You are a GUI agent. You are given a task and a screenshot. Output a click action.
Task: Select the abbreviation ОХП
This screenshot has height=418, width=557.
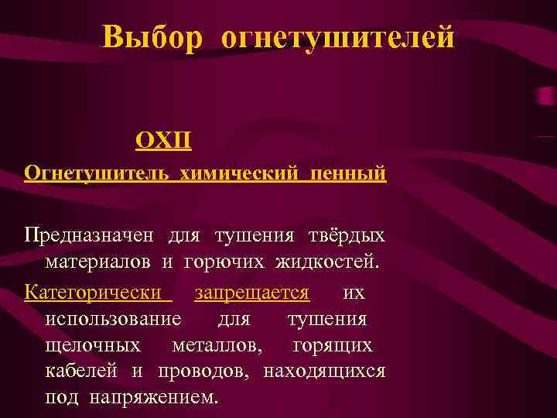pyautogui.click(x=164, y=140)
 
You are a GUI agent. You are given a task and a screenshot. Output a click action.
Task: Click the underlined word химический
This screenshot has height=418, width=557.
pyautogui.click(x=241, y=173)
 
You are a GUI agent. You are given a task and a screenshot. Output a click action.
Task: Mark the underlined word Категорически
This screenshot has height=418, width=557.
pyautogui.click(x=95, y=293)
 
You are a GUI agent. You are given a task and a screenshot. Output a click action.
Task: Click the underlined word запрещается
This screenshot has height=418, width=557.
pyautogui.click(x=252, y=293)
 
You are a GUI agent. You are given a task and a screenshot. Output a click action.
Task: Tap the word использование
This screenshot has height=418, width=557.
pyautogui.click(x=114, y=320)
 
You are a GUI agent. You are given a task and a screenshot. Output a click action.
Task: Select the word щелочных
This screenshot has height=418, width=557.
pyautogui.click(x=93, y=345)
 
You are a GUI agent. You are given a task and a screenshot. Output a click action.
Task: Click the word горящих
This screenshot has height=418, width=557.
pyautogui.click(x=332, y=345)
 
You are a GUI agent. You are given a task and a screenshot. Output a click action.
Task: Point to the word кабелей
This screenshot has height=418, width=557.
pyautogui.click(x=81, y=372)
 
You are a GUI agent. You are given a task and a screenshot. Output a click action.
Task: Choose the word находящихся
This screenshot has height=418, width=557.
pyautogui.click(x=324, y=372)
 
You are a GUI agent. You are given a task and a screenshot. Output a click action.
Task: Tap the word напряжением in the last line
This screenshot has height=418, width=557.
pyautogui.click(x=154, y=398)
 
